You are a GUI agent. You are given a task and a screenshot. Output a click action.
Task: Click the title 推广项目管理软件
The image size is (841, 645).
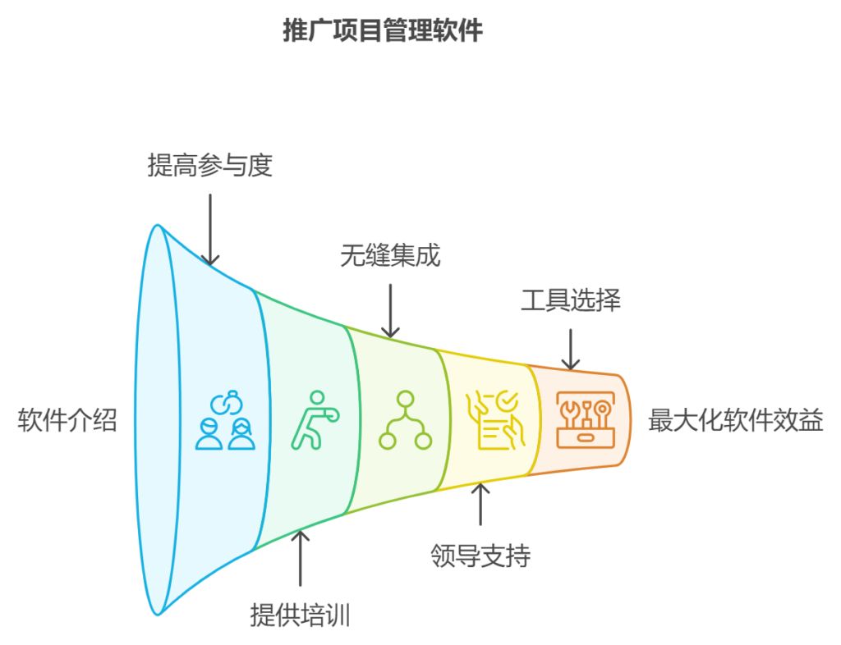click(383, 31)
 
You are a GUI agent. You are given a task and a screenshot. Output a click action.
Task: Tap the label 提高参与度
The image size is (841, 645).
click(209, 167)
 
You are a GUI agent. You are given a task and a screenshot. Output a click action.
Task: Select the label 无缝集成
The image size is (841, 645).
click(390, 256)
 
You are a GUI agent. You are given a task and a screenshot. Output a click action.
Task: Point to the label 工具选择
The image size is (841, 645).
click(570, 300)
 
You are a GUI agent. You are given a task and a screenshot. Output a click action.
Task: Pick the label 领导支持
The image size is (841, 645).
click(480, 556)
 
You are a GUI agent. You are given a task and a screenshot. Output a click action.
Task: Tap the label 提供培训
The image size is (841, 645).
click(301, 615)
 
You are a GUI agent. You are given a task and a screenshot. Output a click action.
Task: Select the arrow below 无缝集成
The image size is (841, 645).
click(390, 310)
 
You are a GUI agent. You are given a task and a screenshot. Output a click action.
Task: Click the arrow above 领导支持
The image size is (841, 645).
click(480, 504)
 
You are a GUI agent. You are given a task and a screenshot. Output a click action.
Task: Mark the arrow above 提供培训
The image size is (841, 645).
click(301, 558)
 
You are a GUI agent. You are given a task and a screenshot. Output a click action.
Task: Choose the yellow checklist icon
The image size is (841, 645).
click(492, 420)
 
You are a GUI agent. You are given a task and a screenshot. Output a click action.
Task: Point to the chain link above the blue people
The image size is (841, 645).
click(226, 402)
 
